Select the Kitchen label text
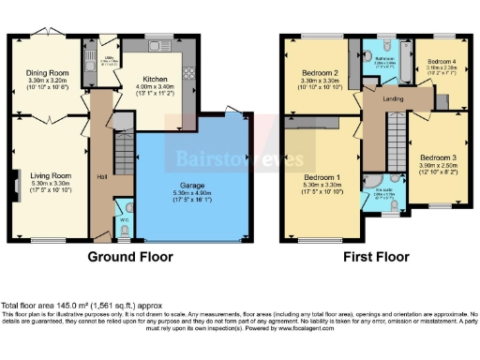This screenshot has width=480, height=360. point(155,81)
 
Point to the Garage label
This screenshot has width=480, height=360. point(193,186)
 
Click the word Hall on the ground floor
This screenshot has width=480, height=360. point(100,175)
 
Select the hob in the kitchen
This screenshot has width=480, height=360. point(188,73)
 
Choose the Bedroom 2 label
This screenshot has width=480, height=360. point(319,72)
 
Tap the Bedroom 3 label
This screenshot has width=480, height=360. point(437,157)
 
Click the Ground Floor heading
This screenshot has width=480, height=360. point(127,255)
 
